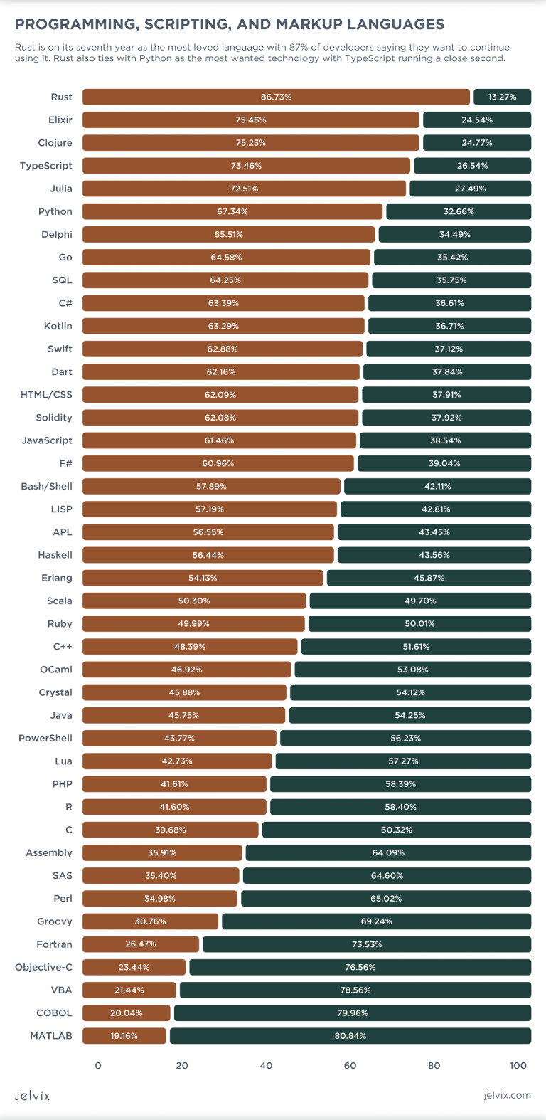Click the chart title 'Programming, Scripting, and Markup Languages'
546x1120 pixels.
click(230, 25)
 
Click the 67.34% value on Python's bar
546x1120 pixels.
click(232, 211)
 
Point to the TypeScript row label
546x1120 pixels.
click(46, 166)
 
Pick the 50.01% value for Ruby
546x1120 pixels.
click(419, 624)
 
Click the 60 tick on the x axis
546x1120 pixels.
click(350, 1065)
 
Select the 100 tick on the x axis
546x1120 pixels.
click(518, 1065)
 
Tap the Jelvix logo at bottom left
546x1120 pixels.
click(33, 1095)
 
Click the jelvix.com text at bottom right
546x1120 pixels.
click(507, 1095)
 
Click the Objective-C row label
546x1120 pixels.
click(43, 967)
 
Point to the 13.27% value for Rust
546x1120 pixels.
click(502, 97)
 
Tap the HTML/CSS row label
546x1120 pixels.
click(46, 395)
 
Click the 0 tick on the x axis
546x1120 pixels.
click(98, 1065)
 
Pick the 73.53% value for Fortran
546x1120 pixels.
click(367, 944)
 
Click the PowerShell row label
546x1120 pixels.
click(45, 738)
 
